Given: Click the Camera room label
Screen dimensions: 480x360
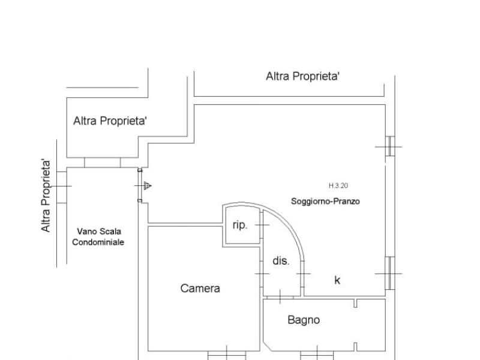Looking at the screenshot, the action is coord(200,289).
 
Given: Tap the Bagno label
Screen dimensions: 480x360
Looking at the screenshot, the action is coord(304,320).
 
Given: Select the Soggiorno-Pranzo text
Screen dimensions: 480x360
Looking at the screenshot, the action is coord(325,202).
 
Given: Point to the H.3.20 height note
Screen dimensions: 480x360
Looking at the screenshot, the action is coord(338,185).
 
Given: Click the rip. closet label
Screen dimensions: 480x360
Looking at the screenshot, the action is coord(239,226).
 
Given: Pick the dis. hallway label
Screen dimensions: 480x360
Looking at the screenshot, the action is coord(281,261).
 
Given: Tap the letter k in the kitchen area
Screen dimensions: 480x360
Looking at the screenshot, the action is coord(337,280).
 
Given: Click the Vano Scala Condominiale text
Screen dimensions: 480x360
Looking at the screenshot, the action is coord(98,236).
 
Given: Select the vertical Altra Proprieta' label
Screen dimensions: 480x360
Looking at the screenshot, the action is coord(46,196).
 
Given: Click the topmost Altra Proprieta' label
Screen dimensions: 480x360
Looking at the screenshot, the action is coord(303,76).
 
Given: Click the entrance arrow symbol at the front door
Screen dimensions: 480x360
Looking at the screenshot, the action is coord(147,185).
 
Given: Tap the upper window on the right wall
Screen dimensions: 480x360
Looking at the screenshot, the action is coord(390,146).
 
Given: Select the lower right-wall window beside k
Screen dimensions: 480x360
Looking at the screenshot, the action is coord(389,273).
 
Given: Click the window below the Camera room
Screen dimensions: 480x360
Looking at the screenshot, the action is coord(227,355).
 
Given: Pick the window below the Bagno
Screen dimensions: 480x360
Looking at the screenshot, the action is coord(317,355).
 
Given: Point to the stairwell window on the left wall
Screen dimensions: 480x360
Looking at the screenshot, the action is coord(62,187).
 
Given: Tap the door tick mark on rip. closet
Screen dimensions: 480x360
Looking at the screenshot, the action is coord(262,225).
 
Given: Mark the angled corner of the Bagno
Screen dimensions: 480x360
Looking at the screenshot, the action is coord(267,347).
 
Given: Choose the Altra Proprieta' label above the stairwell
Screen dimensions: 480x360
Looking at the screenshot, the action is coord(110,121).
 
